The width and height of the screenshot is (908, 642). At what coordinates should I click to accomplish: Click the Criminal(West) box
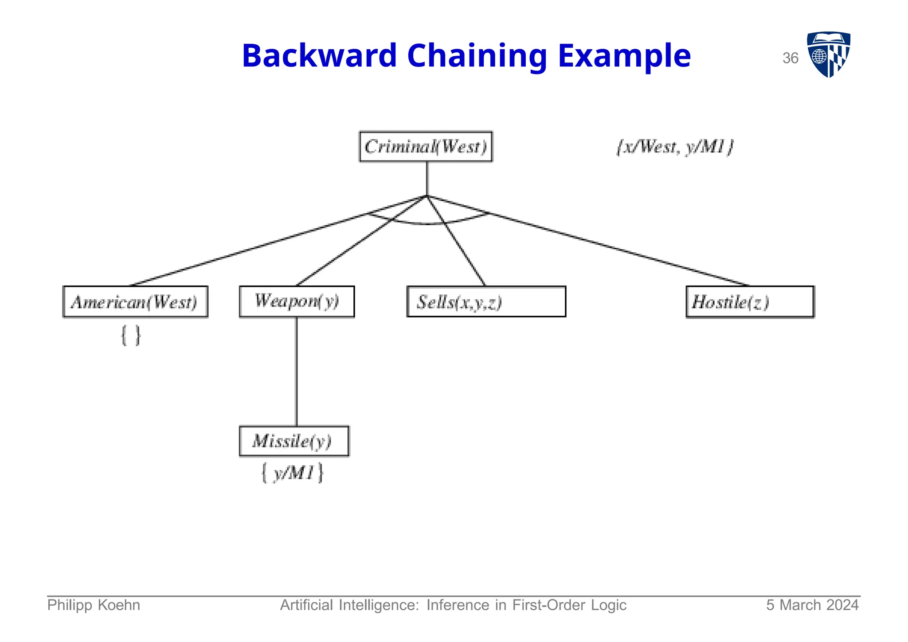point(426,146)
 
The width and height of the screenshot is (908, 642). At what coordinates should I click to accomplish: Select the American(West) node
point(135,302)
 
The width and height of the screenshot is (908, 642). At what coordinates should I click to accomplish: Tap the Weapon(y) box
point(297,301)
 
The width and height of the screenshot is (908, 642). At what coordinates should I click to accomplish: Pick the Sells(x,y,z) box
point(486,302)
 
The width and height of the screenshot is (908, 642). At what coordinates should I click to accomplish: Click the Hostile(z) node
point(750,302)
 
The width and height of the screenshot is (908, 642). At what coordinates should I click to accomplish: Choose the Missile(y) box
point(294,441)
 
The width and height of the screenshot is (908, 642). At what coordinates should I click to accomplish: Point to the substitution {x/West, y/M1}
point(675,147)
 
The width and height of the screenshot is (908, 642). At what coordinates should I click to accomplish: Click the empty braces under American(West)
point(131,336)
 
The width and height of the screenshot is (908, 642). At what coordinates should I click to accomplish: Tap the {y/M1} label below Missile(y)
point(293,473)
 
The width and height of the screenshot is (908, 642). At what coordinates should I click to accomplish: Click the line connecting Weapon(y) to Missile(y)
point(296,372)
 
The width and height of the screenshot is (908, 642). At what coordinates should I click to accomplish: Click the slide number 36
point(790,58)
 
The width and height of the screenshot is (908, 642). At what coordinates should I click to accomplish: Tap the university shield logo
point(828,54)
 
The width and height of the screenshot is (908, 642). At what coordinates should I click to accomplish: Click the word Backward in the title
point(319,56)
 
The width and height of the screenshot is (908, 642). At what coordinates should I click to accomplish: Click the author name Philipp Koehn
point(94,605)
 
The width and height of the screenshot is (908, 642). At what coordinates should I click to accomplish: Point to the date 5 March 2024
point(812,605)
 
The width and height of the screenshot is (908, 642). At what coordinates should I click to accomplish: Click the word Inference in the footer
point(458,605)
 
